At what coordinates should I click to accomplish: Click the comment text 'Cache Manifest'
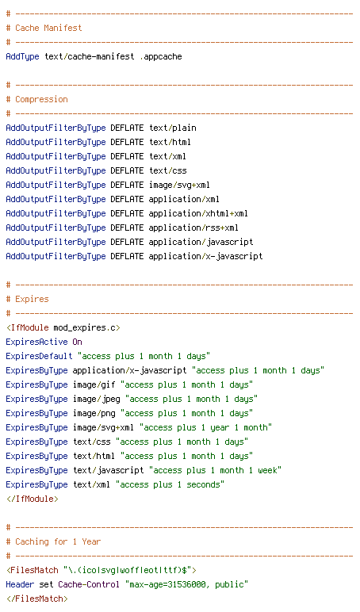48,28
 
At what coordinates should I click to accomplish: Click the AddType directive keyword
23,56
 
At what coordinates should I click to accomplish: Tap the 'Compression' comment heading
41,100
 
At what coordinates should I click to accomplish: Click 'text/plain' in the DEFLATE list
173,128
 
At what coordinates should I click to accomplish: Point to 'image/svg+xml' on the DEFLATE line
180,185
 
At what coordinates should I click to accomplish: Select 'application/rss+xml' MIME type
193,228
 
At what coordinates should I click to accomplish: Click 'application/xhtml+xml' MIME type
198,213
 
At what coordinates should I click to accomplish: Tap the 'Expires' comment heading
32,300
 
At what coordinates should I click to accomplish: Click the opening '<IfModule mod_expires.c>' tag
63,328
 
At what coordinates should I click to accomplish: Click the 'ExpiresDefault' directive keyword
39,357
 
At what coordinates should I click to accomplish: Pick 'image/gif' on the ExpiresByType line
94,384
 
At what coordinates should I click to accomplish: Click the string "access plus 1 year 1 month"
205,428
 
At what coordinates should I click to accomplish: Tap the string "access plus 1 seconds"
170,484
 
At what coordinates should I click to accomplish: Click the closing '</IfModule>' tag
32,499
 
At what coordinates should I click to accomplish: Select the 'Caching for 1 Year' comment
58,541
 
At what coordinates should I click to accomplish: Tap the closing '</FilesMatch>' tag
36,599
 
